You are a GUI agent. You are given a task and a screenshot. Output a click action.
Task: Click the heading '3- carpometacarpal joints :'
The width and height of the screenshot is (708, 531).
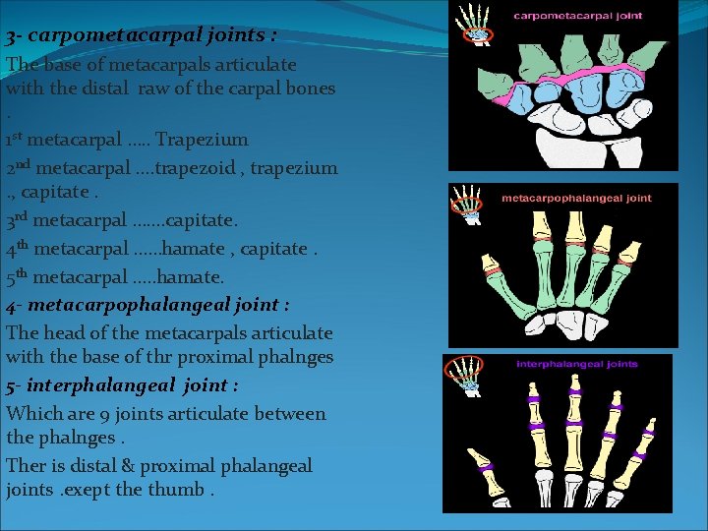click(x=141, y=36)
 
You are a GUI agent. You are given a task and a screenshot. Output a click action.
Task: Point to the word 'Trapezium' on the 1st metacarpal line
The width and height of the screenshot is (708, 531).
click(x=202, y=140)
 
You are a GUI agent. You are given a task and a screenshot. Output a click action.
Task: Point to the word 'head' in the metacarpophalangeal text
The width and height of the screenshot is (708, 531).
click(x=62, y=333)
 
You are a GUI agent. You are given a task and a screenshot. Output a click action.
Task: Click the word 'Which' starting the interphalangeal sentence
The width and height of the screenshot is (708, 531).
click(x=31, y=414)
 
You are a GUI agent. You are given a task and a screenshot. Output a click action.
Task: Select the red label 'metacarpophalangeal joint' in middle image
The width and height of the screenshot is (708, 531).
click(x=576, y=198)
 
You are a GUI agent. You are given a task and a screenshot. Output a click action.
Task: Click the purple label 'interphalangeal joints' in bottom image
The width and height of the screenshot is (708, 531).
click(x=576, y=365)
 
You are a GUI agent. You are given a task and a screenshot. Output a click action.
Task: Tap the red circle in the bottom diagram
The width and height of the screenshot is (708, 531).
click(x=461, y=372)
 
